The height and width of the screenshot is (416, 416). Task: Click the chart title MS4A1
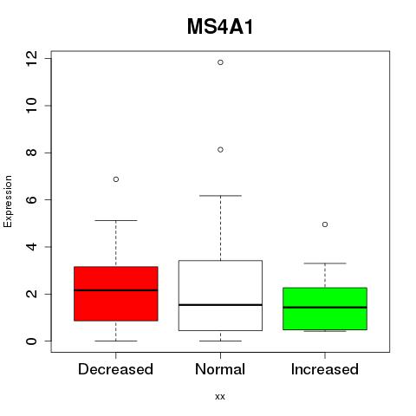pos(220,27)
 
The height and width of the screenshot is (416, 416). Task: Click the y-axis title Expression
pos(8,201)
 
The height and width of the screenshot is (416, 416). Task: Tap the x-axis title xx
pos(220,397)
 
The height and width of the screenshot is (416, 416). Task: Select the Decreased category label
pos(115,369)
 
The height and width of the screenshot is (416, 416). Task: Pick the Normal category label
pos(220,369)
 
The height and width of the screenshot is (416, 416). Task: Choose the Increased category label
pos(325,369)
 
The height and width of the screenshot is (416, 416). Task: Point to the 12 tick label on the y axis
pos(31,59)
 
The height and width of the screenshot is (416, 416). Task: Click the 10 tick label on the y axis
pos(31,106)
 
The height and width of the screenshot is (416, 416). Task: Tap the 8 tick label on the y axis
pos(31,153)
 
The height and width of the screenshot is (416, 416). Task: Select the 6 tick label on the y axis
pos(31,199)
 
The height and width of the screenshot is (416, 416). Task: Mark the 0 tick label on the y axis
pos(31,341)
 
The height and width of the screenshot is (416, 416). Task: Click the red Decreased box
pos(116,294)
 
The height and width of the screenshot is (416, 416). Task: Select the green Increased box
pos(325,309)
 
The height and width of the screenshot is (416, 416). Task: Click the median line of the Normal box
pos(220,305)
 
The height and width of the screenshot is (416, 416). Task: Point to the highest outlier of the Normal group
pos(220,62)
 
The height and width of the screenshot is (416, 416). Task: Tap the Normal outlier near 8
pos(220,150)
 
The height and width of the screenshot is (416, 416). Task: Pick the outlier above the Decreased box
pos(116,179)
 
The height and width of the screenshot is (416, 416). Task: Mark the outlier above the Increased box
pos(325,224)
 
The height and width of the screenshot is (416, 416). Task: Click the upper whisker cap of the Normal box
pos(220,196)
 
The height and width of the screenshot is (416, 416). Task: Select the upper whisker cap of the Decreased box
pos(116,220)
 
